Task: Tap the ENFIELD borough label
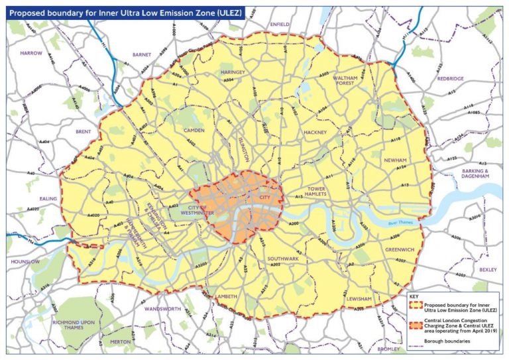pos(280,24)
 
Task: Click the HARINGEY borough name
pos(234,72)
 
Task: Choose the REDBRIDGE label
pos(451,78)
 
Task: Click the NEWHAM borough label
pos(394,160)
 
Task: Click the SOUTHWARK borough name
pos(283,258)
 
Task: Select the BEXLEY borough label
pos(488,270)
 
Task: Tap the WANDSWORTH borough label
pos(161,309)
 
